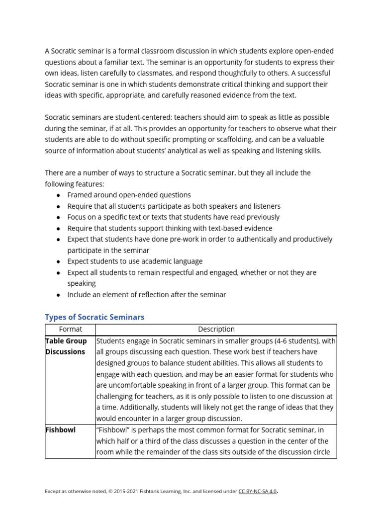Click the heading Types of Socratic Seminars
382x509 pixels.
pyautogui.click(x=95, y=317)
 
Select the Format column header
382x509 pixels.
pyautogui.click(x=70, y=329)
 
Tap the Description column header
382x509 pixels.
pyautogui.click(x=216, y=329)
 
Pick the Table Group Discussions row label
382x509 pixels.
pyautogui.click(x=66, y=346)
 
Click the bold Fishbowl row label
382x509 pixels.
pyautogui.click(x=60, y=430)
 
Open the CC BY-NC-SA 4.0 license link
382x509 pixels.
pyautogui.click(x=257, y=492)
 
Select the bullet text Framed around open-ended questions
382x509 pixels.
pyautogui.click(x=129, y=195)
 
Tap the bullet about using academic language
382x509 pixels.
pyautogui.click(x=135, y=261)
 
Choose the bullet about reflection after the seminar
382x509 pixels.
pyautogui.click(x=146, y=294)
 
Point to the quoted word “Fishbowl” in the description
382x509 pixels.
pyautogui.click(x=112, y=430)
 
